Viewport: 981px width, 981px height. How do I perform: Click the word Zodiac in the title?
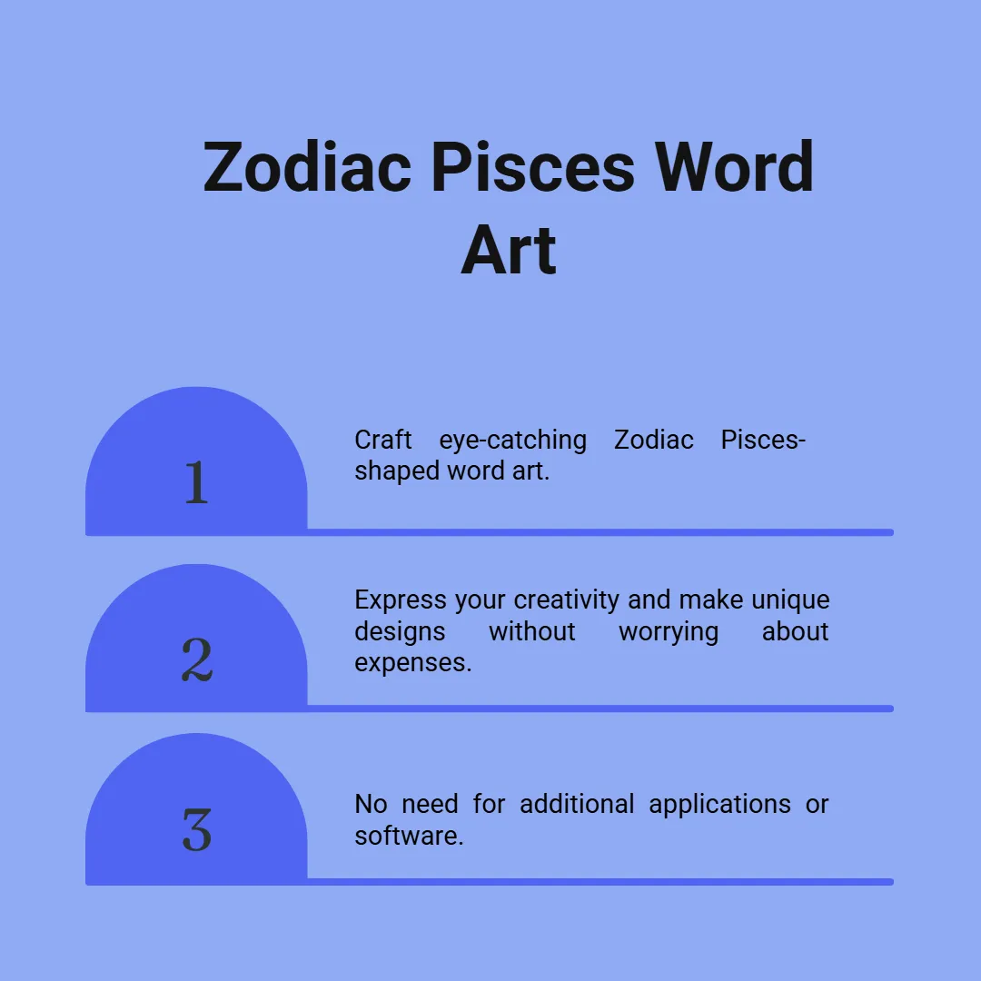coord(307,167)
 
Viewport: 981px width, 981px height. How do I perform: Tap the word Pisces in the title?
coord(533,167)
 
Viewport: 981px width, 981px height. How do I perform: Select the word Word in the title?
coord(735,167)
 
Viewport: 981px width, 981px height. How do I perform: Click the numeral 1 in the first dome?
coord(196,481)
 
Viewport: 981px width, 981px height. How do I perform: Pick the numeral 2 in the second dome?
coord(197,659)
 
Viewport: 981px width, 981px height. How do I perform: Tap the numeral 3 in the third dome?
coord(197,829)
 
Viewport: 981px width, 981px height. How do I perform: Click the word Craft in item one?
coord(383,440)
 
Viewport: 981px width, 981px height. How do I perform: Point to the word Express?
coord(401,600)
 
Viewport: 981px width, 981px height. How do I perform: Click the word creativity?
coord(567,600)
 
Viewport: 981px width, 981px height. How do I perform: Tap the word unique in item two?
coord(791,600)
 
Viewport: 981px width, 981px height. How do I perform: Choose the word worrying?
coord(669,632)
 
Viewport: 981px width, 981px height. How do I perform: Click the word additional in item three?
coord(577,804)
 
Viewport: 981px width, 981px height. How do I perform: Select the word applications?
coord(720,805)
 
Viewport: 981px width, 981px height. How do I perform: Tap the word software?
coord(409,836)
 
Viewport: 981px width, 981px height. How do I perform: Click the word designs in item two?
coord(400,632)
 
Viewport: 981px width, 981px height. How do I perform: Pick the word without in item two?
coord(532,631)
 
